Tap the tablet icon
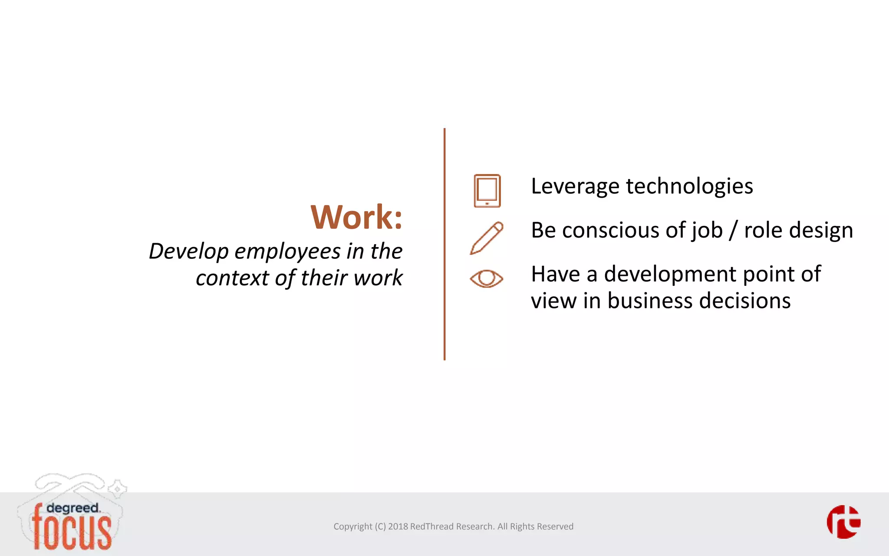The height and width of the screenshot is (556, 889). click(487, 191)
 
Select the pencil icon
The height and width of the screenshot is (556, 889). click(487, 238)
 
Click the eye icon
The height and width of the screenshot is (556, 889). click(487, 278)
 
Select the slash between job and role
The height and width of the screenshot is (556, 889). click(733, 230)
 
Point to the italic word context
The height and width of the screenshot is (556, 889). click(232, 278)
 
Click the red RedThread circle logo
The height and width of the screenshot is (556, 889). click(843, 522)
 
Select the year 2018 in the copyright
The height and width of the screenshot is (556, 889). click(398, 526)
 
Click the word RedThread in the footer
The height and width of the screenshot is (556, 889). click(431, 526)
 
